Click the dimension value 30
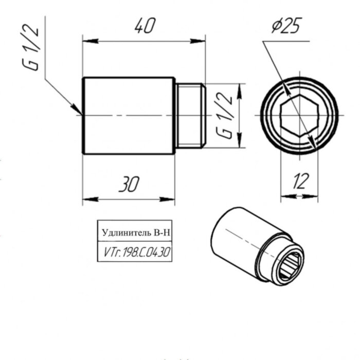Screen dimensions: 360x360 [129, 184]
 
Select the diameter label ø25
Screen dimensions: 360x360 [286, 26]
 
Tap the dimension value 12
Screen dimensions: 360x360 [301, 181]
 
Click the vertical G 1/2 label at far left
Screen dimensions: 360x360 [32, 49]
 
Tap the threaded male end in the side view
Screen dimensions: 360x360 [190, 115]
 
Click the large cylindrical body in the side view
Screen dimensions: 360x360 [129, 115]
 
